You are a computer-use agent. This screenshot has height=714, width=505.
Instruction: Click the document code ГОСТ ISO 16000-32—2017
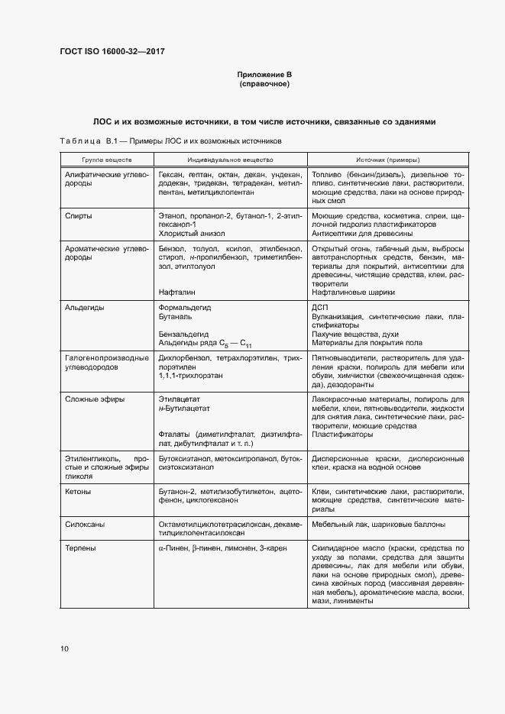click(x=112, y=52)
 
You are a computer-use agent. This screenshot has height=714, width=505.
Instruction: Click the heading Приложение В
click(x=264, y=74)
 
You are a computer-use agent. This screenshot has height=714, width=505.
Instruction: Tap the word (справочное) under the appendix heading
click(x=264, y=83)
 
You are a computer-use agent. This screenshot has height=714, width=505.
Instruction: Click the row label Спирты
click(x=79, y=216)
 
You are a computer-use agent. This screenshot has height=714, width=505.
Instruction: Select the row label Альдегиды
click(x=85, y=307)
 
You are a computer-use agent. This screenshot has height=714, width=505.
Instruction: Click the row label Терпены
click(x=82, y=548)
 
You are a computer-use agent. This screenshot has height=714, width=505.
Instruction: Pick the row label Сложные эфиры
click(x=94, y=399)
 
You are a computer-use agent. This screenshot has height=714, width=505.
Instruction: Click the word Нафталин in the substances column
click(x=177, y=292)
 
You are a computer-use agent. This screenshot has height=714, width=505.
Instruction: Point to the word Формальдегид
click(x=184, y=307)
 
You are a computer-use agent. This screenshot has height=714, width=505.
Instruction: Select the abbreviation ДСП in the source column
click(x=319, y=307)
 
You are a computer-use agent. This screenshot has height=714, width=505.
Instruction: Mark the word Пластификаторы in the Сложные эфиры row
click(x=342, y=435)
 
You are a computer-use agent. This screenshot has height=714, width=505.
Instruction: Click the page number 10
click(x=64, y=648)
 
